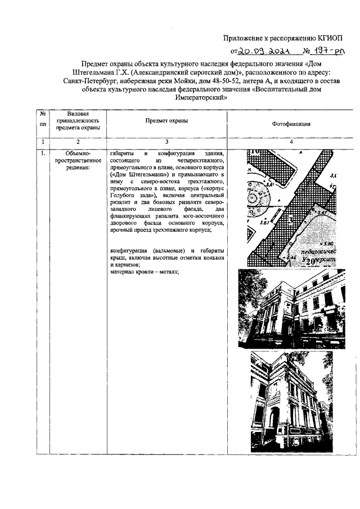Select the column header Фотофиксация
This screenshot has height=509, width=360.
tap(291, 124)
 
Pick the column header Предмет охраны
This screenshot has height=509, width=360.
tap(166, 120)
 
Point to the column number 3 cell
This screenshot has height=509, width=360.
tap(166, 142)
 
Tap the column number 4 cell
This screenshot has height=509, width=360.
tap(291, 142)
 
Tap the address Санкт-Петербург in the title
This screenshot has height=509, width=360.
tap(88, 80)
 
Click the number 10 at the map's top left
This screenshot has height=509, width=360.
tap(254, 151)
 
